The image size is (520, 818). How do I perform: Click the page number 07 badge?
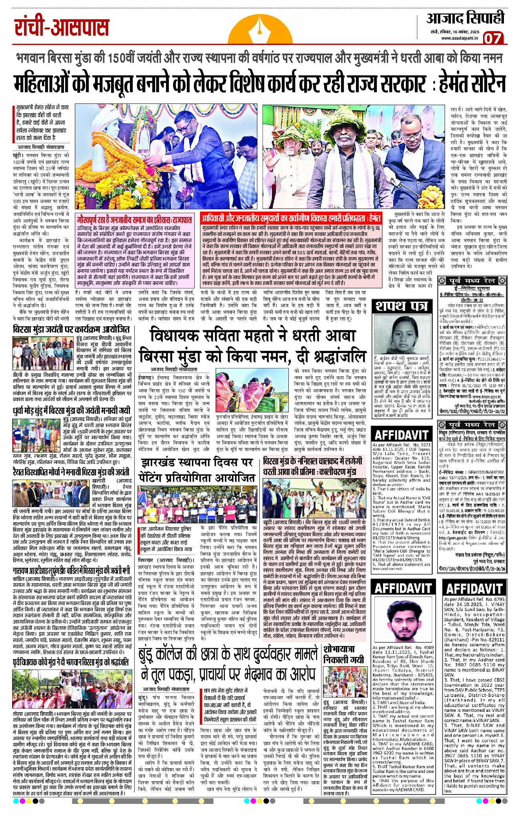pyautogui.click(x=493, y=38)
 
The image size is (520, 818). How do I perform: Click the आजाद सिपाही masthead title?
pyautogui.click(x=465, y=18)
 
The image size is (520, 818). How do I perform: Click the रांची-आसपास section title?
pyautogui.click(x=62, y=27)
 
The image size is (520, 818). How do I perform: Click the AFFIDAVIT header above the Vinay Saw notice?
pyautogui.click(x=474, y=588)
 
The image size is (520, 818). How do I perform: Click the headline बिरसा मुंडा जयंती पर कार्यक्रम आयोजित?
pyautogui.click(x=71, y=328)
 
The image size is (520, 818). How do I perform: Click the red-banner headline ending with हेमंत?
pyautogui.click(x=291, y=218)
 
